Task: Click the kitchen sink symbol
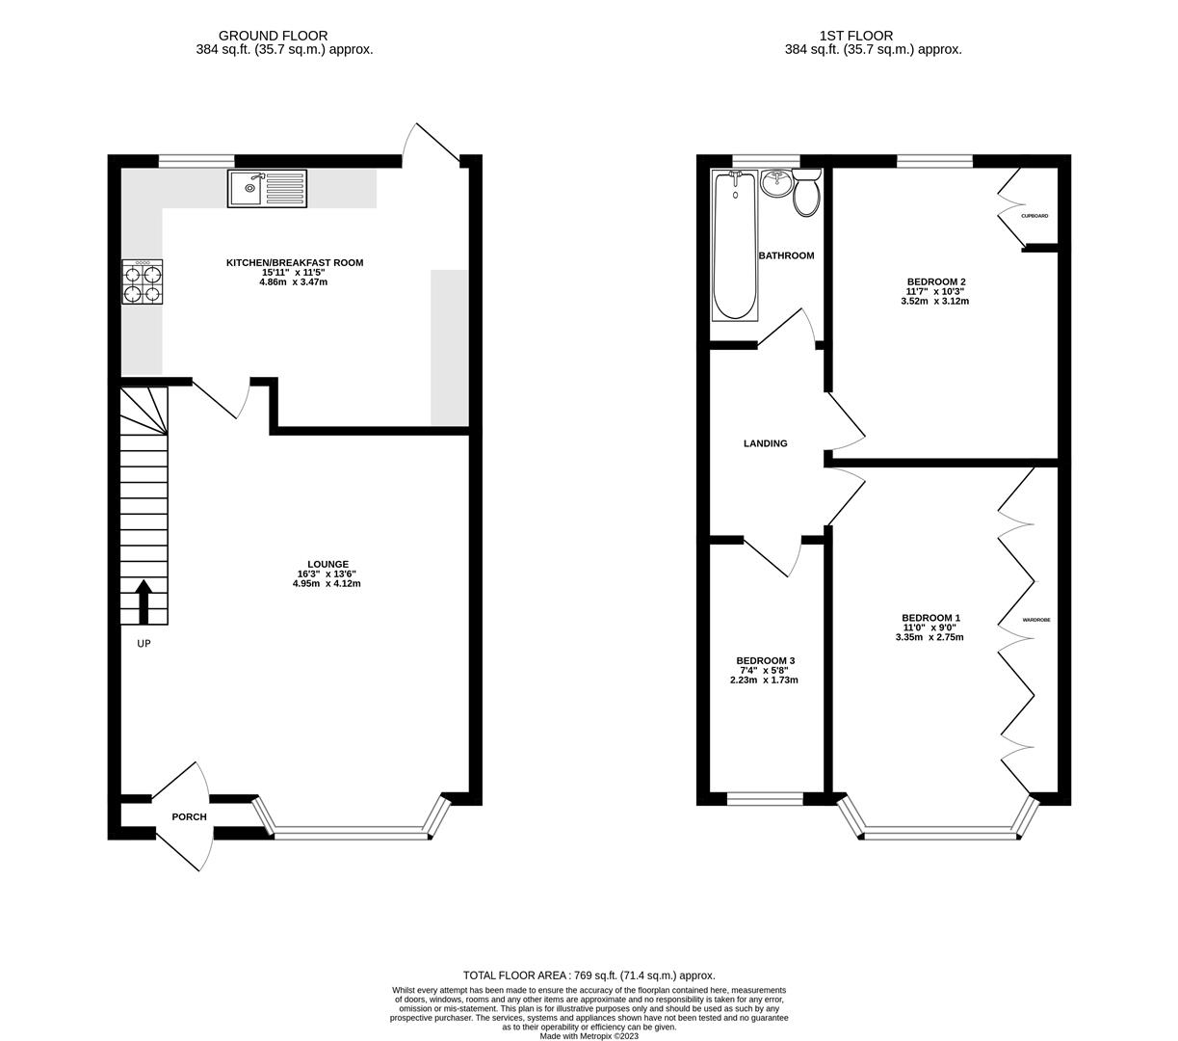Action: tap(267, 188)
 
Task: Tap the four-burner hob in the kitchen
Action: tap(142, 282)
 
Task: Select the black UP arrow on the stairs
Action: tap(144, 601)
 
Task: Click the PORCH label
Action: tap(189, 817)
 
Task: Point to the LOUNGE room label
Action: tap(327, 565)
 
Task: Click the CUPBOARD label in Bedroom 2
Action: tap(1034, 216)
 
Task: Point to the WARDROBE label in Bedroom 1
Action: tap(1036, 620)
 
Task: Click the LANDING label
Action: tap(765, 443)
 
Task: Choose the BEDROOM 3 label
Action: tap(764, 661)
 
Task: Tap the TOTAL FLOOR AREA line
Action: tap(589, 975)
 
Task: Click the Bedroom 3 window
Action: tap(765, 798)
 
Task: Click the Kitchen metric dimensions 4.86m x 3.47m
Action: tap(294, 282)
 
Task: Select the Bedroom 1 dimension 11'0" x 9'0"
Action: tap(930, 627)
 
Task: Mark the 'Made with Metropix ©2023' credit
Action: tap(589, 1036)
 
